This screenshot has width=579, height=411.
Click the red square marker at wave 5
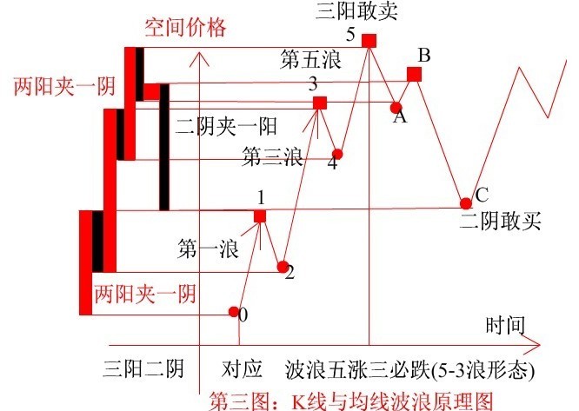coord(369,41)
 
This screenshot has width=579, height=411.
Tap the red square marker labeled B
coord(414,74)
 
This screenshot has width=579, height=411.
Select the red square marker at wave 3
coord(320,103)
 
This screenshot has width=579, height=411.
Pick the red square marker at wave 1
coord(260,216)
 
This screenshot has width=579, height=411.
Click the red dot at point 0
coord(233,312)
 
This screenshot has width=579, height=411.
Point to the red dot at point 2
coord(283,267)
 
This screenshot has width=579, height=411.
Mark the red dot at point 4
coord(337,154)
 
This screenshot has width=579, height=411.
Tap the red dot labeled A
coord(396,108)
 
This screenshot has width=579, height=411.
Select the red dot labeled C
coord(466,203)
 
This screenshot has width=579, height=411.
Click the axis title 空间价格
coord(185,28)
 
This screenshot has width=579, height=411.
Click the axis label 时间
coord(505,325)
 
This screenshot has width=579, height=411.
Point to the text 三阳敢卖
coord(356,10)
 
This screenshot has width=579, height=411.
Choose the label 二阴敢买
coord(501,222)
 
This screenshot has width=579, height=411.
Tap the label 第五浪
coord(310,59)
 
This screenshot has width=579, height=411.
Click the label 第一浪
coord(209,248)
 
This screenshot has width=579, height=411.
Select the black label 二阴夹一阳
coord(226,127)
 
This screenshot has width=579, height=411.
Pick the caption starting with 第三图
coord(351,401)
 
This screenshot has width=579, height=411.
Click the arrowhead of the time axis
coord(535,345)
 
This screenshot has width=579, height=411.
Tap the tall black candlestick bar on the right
coord(164,147)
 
